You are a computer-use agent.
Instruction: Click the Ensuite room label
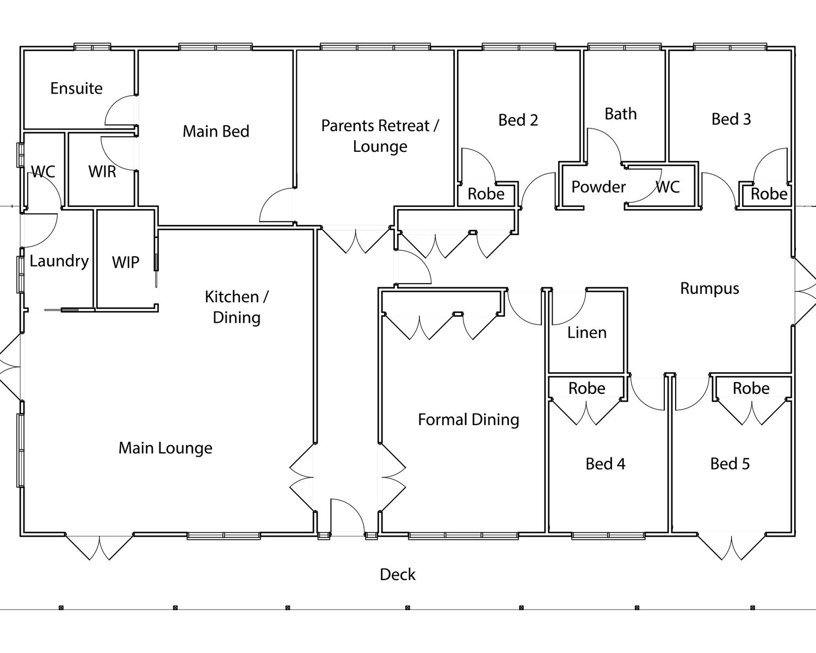pyautogui.click(x=76, y=88)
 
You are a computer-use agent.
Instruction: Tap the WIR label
pyautogui.click(x=102, y=171)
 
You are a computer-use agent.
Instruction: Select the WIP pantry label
pyautogui.click(x=126, y=262)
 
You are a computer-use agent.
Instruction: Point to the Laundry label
pyautogui.click(x=59, y=261)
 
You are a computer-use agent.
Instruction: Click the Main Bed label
pyautogui.click(x=216, y=131)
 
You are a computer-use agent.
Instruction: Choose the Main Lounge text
pyautogui.click(x=165, y=448)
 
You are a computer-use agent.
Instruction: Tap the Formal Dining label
pyautogui.click(x=468, y=420)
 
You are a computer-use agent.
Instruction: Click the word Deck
pyautogui.click(x=398, y=575)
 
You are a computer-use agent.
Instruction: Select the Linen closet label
pyautogui.click(x=586, y=332)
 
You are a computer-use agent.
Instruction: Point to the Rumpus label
pyautogui.click(x=709, y=288)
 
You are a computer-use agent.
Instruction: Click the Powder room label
pyautogui.click(x=598, y=187)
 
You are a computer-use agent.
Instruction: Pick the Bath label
pyautogui.click(x=621, y=114)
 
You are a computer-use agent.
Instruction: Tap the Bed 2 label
pyautogui.click(x=518, y=120)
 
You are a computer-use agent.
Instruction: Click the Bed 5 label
pyautogui.click(x=730, y=464)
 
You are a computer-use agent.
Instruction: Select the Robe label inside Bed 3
pyautogui.click(x=769, y=194)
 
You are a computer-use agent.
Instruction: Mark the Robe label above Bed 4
pyautogui.click(x=586, y=388)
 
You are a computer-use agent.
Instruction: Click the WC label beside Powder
pyautogui.click(x=668, y=187)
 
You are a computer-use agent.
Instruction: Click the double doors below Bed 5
pyautogui.click(x=732, y=547)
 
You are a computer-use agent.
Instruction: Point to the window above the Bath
pyautogui.click(x=624, y=47)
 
